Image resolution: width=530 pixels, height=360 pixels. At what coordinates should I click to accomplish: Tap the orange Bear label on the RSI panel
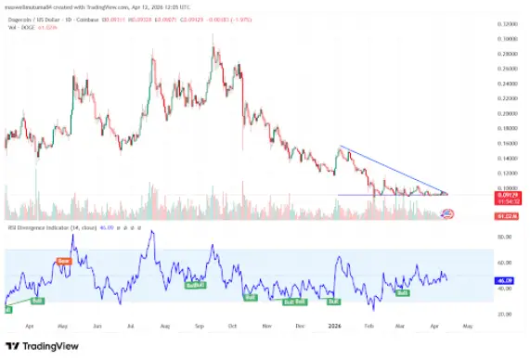pyautogui.click(x=64, y=262)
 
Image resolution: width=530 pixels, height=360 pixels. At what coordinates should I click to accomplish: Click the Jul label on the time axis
pyautogui.click(x=132, y=326)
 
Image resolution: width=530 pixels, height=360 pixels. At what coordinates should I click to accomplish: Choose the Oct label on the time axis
pyautogui.click(x=233, y=326)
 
